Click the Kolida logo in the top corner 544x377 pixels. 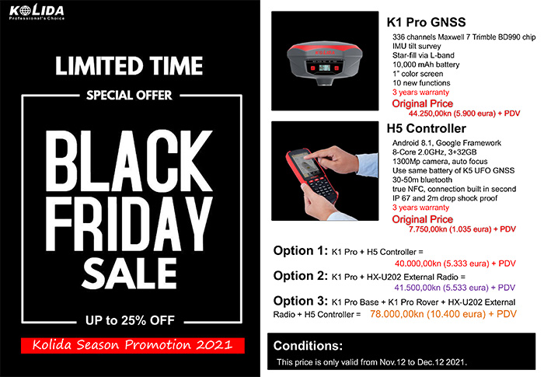37,12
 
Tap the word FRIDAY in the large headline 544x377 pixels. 128,224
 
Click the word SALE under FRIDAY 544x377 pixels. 130,273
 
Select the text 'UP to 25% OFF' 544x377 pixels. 130,320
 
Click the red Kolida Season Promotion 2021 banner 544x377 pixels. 133,345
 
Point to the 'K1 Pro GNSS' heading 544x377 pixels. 426,23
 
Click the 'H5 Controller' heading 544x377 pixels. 427,128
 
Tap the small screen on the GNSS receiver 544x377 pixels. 324,68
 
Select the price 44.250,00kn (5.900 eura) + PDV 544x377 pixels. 464,113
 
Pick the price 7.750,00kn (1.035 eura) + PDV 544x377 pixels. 462,229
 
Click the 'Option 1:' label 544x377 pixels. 301,250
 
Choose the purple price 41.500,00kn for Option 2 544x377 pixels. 455,288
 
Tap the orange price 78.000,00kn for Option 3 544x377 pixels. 443,314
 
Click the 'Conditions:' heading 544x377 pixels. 308,346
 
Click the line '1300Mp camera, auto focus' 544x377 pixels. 440,162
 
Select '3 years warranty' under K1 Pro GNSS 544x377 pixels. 420,93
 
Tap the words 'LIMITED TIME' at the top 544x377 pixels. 129,66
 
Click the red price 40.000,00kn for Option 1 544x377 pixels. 455,264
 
